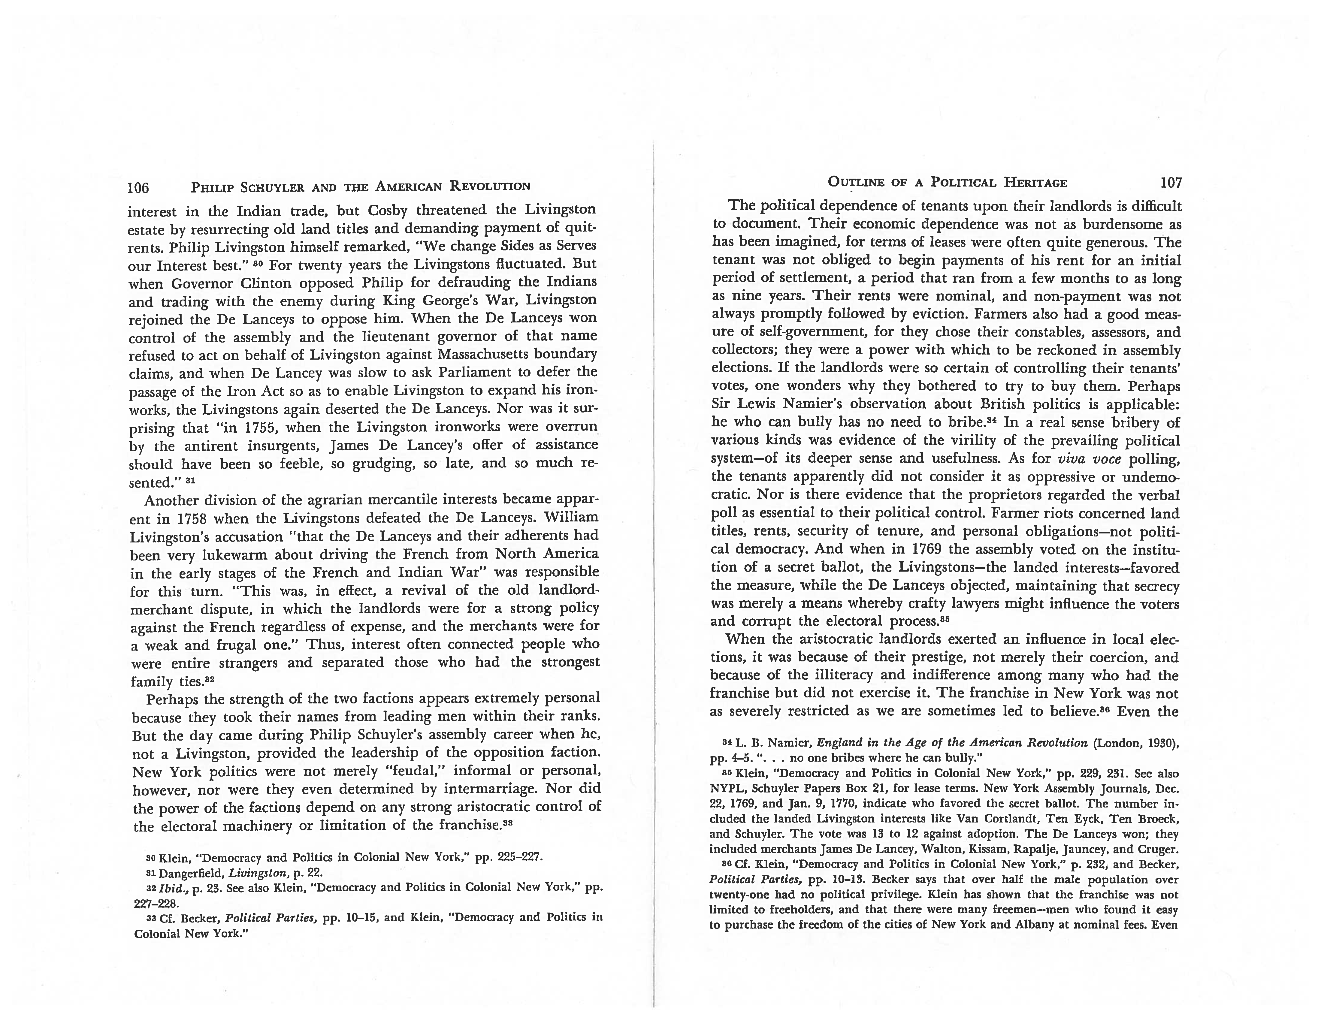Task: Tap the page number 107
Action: (1170, 183)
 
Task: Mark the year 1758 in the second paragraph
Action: (192, 519)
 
